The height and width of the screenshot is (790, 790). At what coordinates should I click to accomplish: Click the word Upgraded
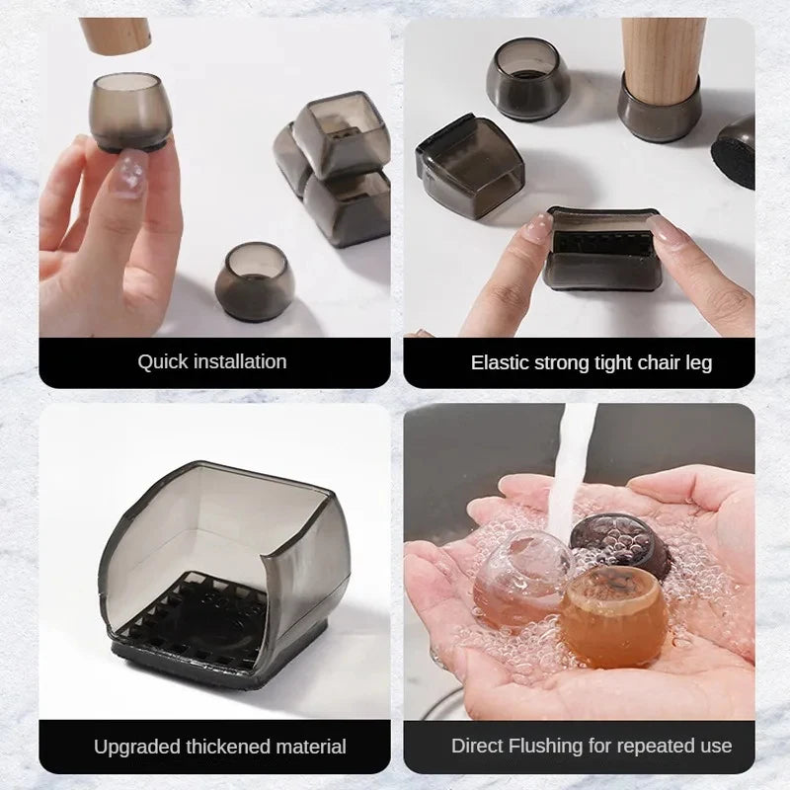[x=137, y=748]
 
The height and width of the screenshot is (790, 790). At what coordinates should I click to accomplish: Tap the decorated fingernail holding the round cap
[x=128, y=172]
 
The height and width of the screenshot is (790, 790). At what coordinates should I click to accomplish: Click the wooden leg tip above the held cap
[x=116, y=36]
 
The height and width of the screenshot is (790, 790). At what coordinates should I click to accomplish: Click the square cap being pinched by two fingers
[x=602, y=250]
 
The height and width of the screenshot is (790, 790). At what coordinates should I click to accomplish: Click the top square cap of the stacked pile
[x=342, y=135]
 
